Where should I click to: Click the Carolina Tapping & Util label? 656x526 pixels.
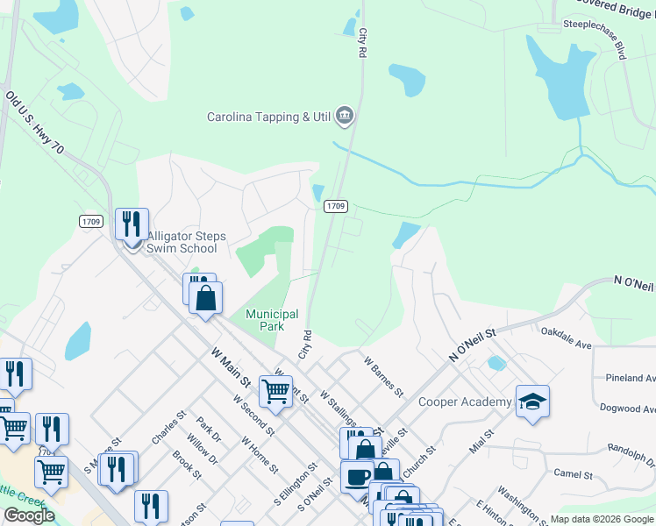point(269,117)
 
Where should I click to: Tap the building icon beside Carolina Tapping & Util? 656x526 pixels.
point(345,116)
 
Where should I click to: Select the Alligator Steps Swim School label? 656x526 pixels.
point(186,243)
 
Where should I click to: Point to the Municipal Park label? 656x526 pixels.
point(272,320)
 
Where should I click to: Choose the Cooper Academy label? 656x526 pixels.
point(465,402)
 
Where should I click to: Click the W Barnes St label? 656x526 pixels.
point(383,375)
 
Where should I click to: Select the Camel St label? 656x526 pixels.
point(574,474)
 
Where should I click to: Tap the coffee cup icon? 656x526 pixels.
point(356,477)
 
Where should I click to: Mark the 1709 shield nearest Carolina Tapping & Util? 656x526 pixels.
point(336,206)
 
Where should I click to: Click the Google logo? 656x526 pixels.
point(29,515)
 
